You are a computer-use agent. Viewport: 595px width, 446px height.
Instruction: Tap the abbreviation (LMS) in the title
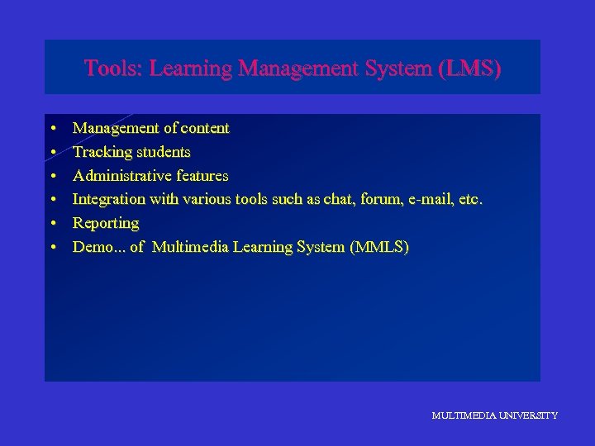(x=471, y=69)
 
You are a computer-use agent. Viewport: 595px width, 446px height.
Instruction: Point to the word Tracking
(x=102, y=152)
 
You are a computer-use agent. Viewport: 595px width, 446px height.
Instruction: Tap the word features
(x=202, y=176)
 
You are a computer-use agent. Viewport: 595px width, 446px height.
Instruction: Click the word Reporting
(x=106, y=223)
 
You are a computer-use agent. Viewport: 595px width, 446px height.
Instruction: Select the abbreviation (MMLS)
(x=378, y=247)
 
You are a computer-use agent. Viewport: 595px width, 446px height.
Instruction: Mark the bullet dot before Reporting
(x=52, y=224)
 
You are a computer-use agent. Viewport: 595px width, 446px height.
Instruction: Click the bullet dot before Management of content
(x=52, y=129)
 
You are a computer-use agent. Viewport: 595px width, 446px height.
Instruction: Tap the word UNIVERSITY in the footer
(x=526, y=415)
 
